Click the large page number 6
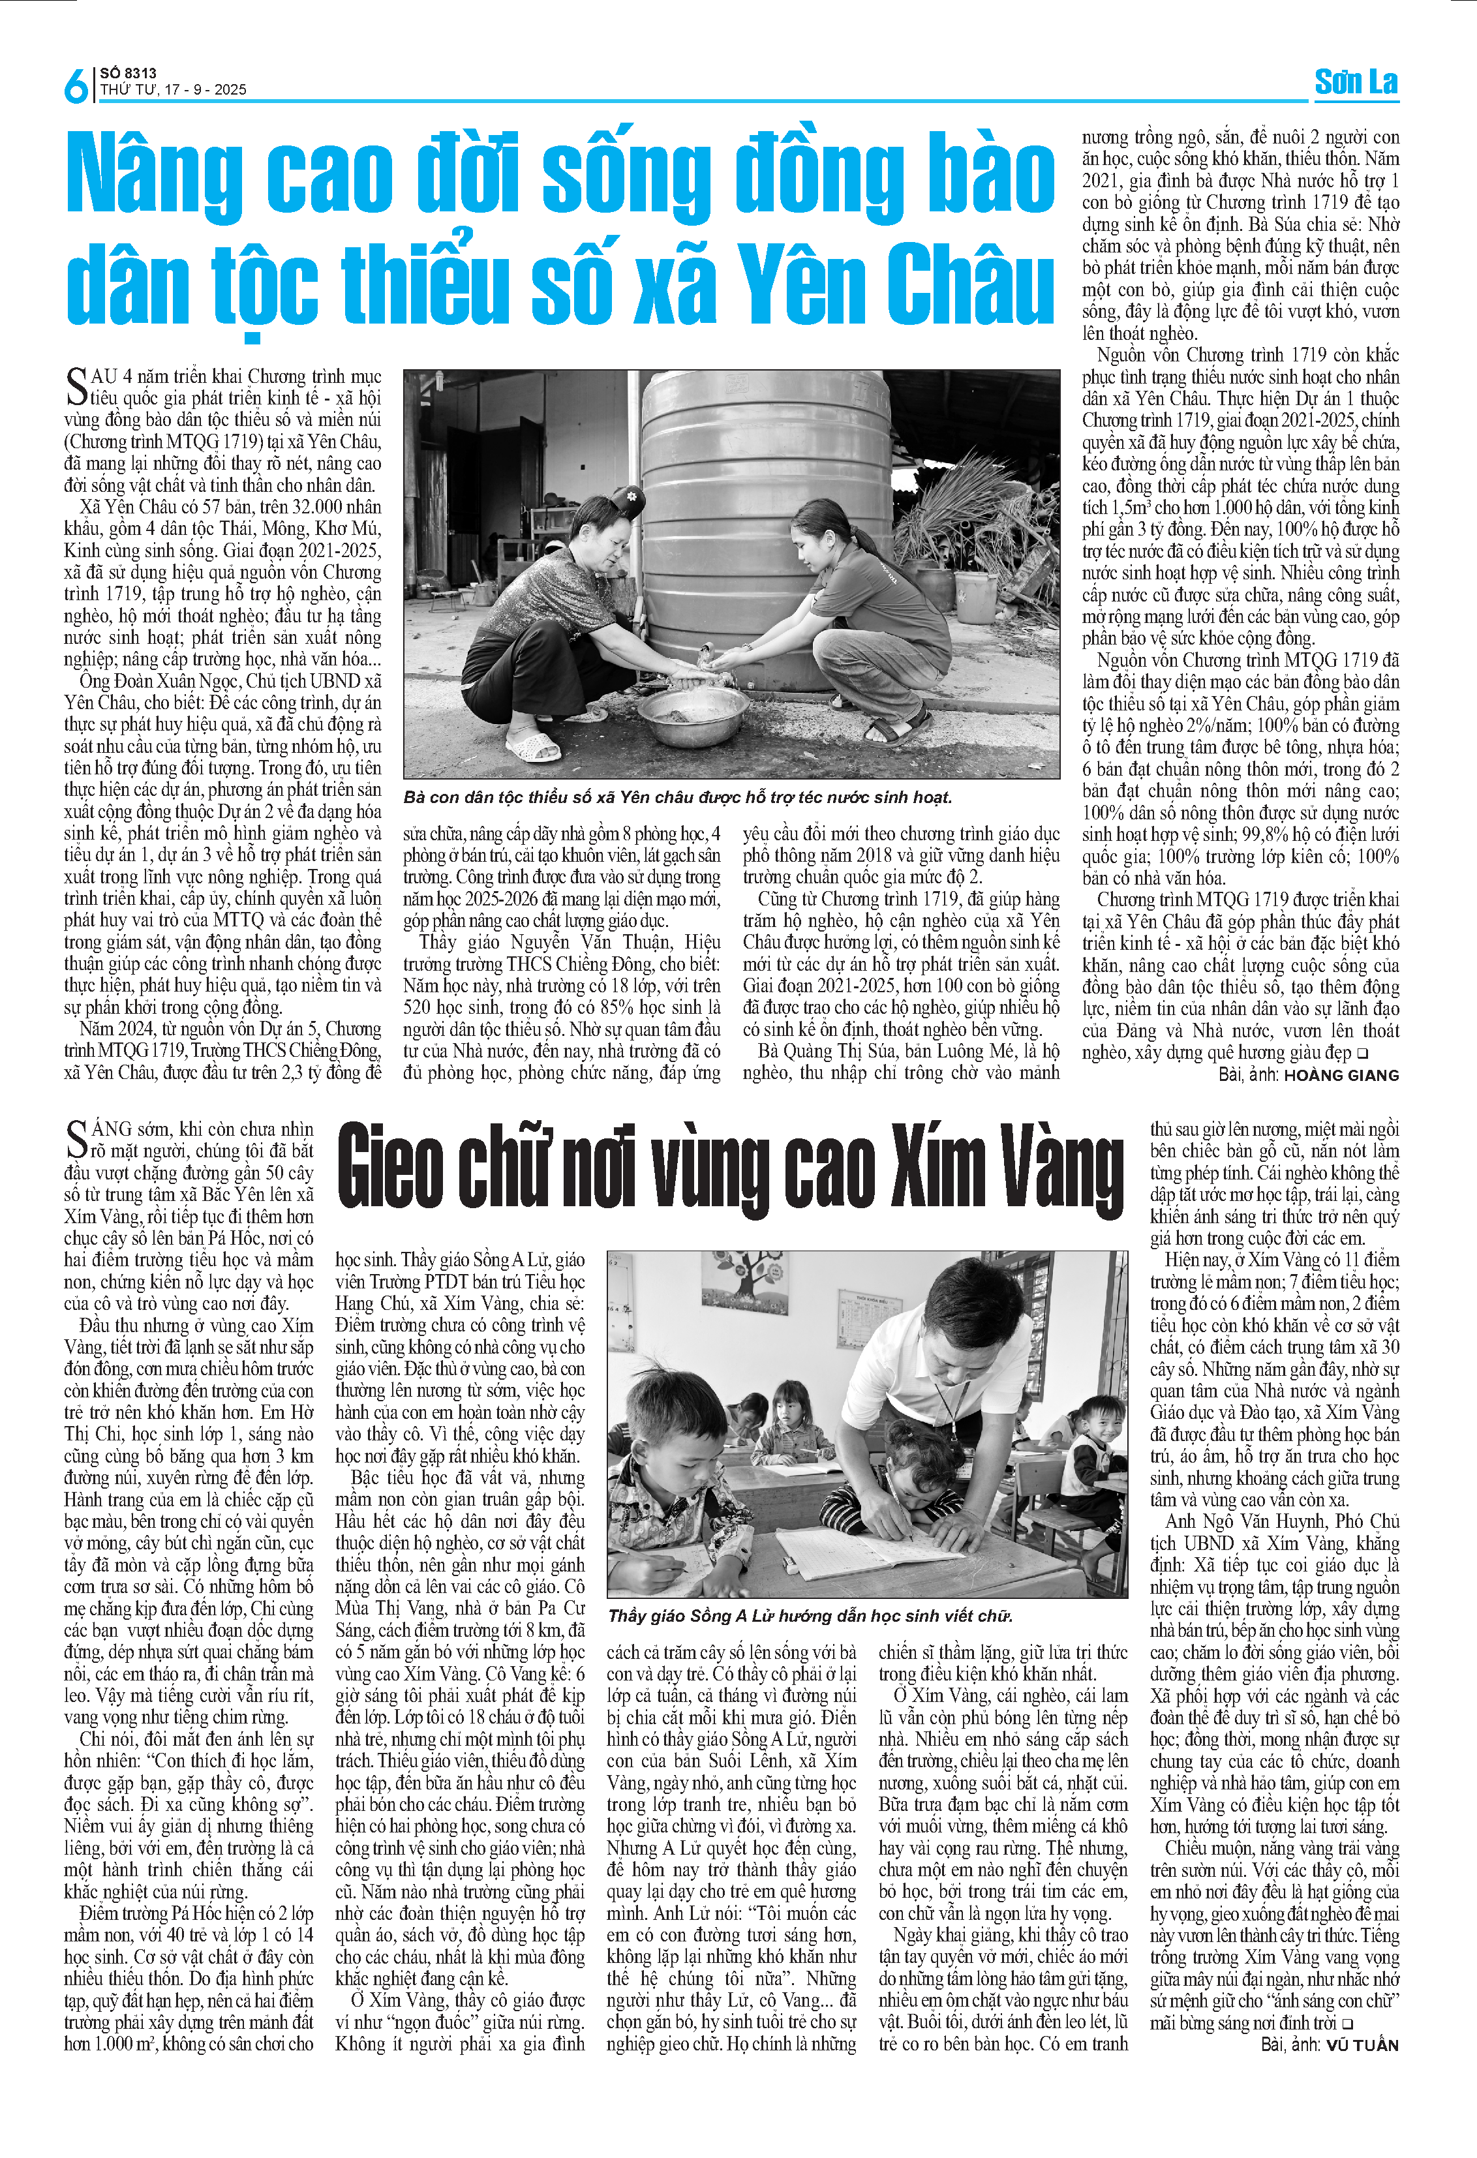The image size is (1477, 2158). (75, 85)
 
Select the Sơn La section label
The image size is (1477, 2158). (1356, 83)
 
